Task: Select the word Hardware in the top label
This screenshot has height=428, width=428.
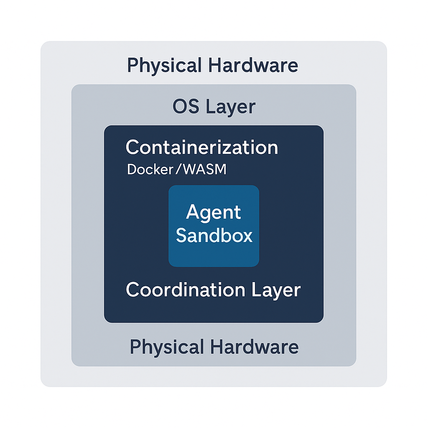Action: click(253, 66)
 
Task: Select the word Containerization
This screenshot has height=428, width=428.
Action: click(202, 148)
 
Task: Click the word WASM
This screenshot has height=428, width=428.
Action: click(206, 170)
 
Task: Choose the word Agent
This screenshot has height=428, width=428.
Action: click(214, 213)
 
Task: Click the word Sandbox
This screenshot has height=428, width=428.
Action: click(214, 235)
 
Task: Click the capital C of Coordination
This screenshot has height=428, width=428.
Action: click(132, 290)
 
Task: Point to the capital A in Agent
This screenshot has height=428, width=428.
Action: click(193, 212)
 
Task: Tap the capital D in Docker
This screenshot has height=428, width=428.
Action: click(131, 170)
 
